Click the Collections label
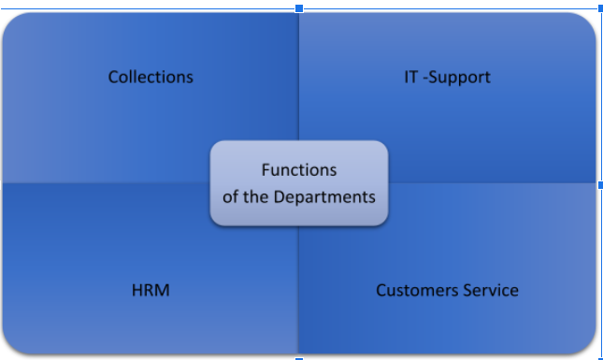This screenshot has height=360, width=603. (x=151, y=77)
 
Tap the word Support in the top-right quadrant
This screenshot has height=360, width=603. (x=460, y=78)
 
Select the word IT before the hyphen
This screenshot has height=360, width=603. (x=410, y=77)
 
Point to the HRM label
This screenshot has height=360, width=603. (x=151, y=291)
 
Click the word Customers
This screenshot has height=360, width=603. (x=418, y=291)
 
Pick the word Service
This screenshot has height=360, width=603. (x=491, y=291)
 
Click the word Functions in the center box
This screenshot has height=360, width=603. (x=299, y=170)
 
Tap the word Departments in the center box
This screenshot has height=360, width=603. (x=324, y=197)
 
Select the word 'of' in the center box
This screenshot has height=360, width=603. (x=230, y=197)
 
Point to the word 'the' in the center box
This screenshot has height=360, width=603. (x=256, y=197)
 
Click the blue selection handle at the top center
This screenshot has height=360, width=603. (x=299, y=8)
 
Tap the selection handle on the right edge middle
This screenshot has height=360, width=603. (x=601, y=185)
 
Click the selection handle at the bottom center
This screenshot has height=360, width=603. (x=299, y=359)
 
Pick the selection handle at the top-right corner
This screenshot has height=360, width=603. (x=601, y=8)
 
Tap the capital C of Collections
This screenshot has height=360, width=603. (x=113, y=77)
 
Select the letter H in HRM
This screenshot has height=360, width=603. (x=136, y=291)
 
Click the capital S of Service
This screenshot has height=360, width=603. (x=467, y=291)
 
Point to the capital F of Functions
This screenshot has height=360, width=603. (x=266, y=170)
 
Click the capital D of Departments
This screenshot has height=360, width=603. (x=279, y=197)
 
